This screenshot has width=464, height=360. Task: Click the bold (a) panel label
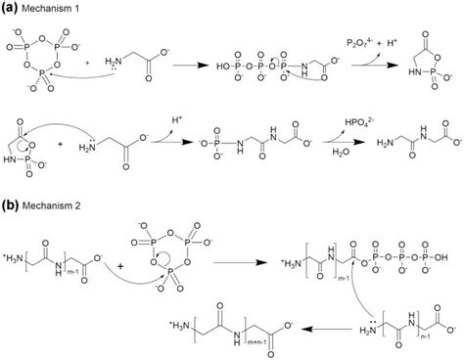tap(9, 7)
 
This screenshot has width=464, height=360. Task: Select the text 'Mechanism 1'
tap(48, 7)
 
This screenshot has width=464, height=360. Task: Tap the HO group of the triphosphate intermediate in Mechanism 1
tap(228, 68)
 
